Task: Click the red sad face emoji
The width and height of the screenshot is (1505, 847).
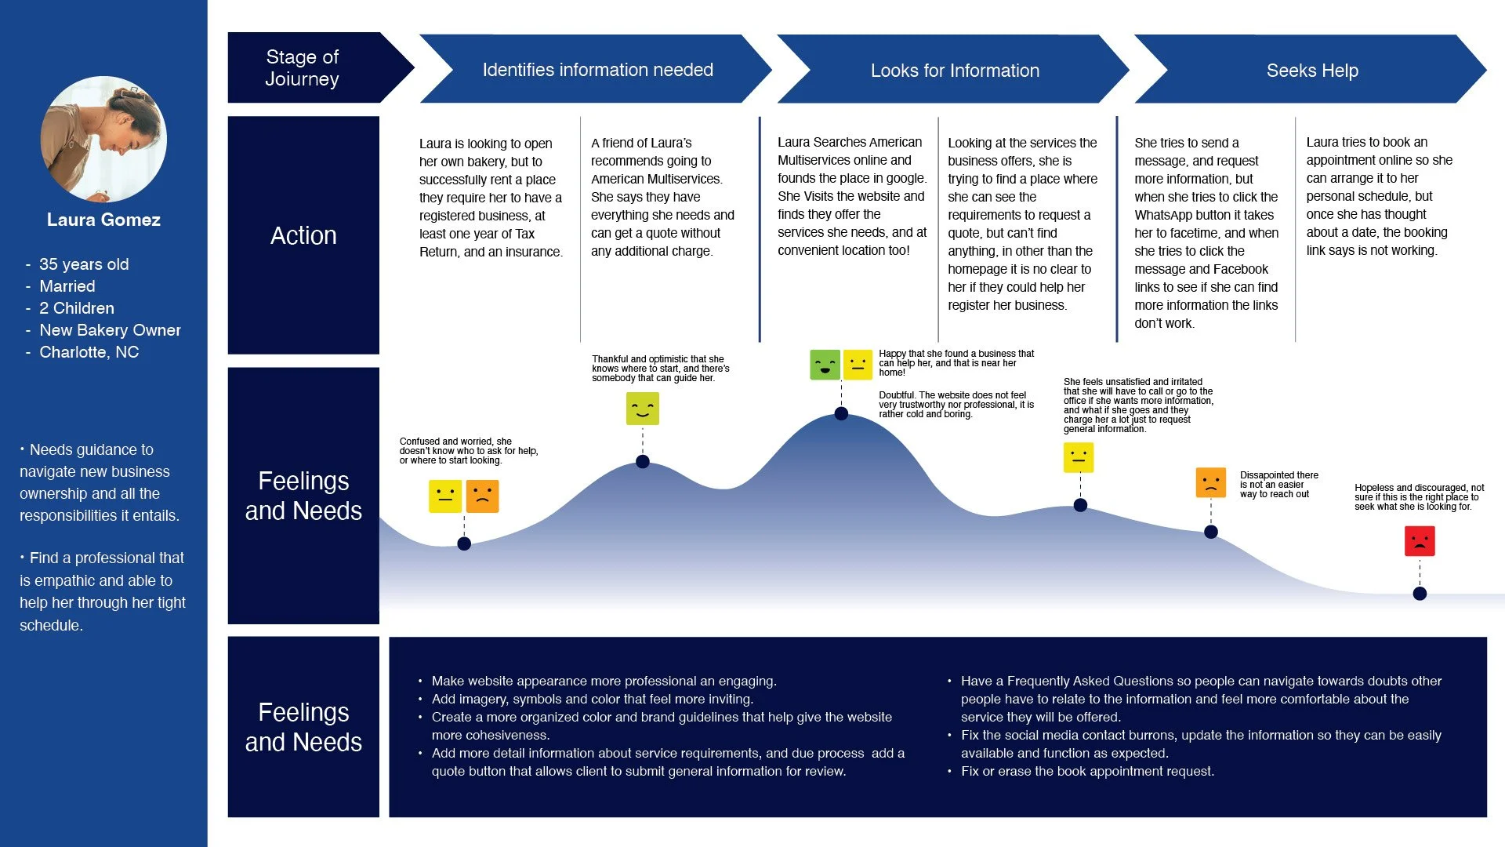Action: click(1420, 541)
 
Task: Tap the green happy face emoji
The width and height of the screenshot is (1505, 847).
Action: click(825, 365)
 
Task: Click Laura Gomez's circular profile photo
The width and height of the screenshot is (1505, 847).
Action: click(103, 139)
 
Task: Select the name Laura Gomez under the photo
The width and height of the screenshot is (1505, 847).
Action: click(103, 220)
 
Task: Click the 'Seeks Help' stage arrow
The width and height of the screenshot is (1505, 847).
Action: click(1311, 70)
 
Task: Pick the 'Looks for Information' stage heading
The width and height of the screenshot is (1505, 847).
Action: click(954, 70)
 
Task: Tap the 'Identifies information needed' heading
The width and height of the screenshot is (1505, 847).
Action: click(597, 70)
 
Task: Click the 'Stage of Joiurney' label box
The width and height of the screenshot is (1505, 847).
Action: click(303, 68)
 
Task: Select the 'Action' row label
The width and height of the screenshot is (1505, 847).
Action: click(303, 235)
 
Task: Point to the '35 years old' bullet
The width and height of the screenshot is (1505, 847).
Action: click(84, 264)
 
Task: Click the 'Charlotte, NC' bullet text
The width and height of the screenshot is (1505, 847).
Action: click(89, 352)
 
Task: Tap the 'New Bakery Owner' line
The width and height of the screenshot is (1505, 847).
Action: click(110, 330)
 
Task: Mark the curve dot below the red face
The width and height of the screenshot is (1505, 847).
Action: click(1420, 594)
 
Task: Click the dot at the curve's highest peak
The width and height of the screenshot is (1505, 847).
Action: click(841, 413)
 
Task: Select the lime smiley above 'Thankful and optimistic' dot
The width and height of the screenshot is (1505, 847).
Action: click(643, 409)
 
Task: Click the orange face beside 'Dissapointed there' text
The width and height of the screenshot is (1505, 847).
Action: click(1211, 482)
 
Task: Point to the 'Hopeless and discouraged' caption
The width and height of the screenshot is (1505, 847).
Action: click(1419, 497)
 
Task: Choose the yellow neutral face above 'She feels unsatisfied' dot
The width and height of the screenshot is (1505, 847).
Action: click(1079, 457)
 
